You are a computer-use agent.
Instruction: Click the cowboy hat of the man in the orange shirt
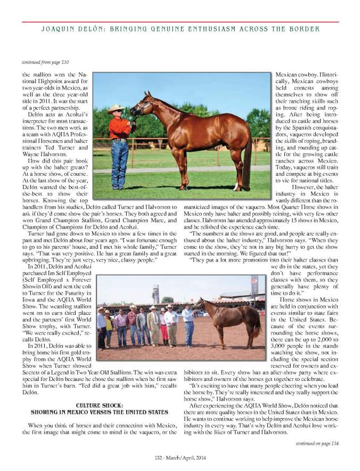[115, 109]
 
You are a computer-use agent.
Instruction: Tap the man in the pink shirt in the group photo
[121, 325]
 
